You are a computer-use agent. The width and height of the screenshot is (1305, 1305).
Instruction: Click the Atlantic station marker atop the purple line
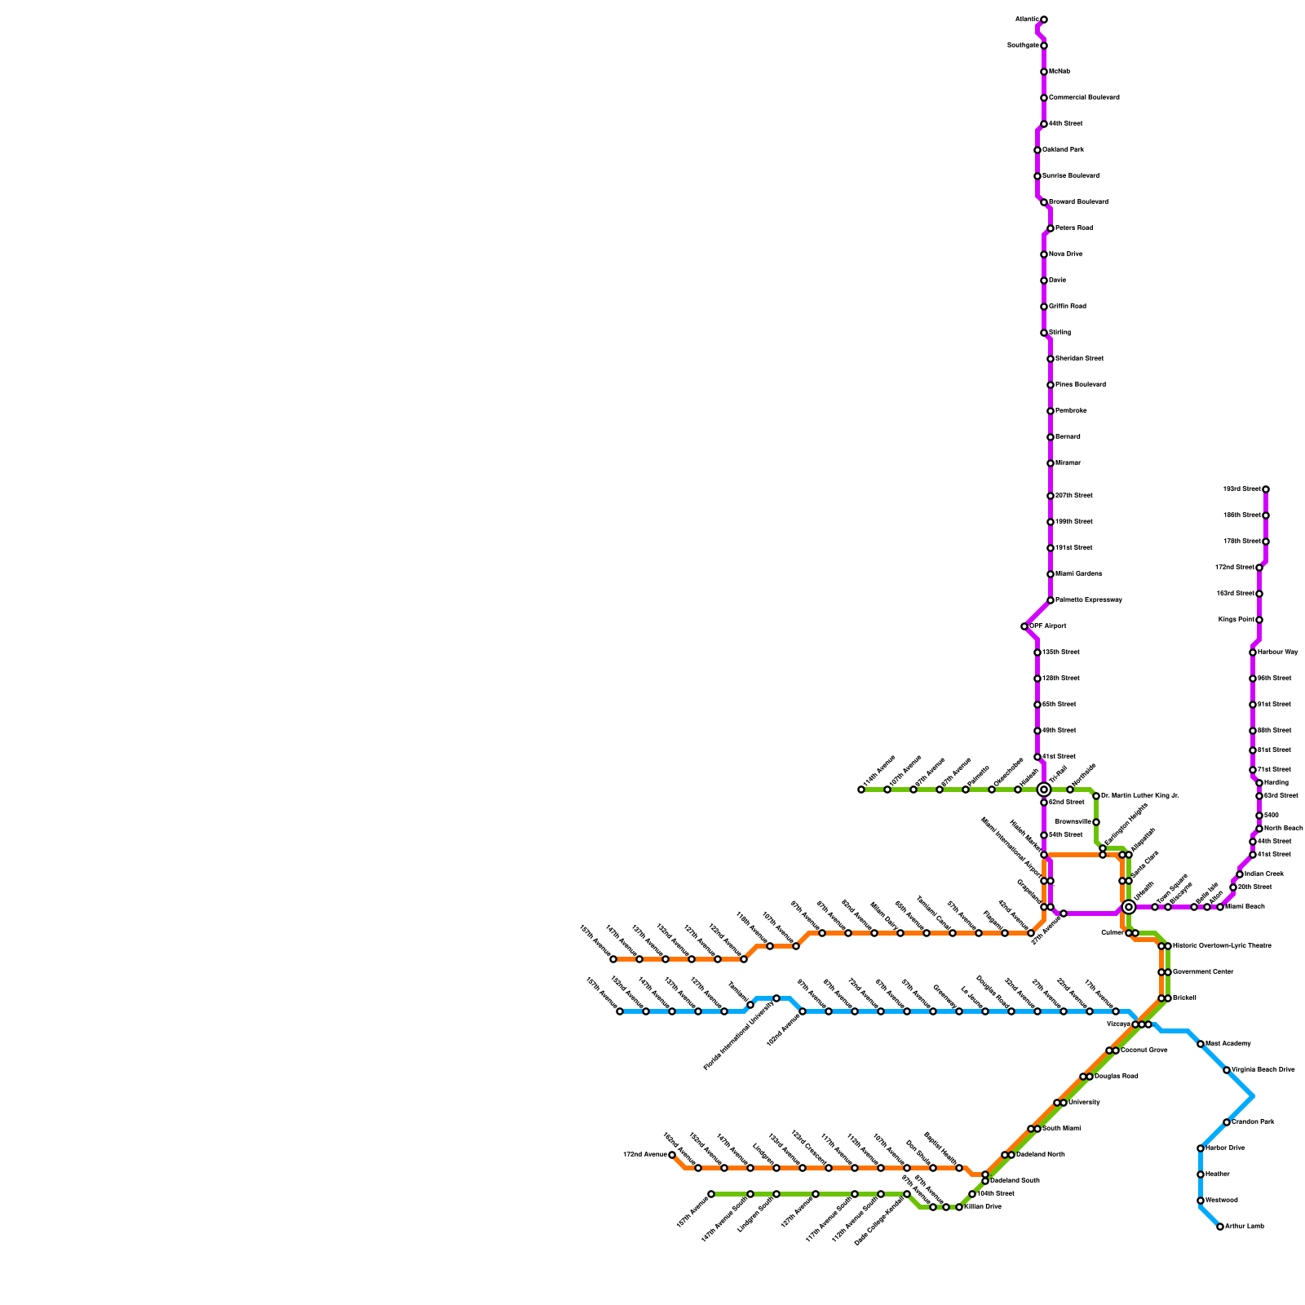tap(1043, 20)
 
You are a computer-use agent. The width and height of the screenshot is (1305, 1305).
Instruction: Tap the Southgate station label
tap(1023, 46)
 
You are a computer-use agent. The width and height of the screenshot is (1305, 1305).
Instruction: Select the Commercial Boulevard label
tap(1084, 98)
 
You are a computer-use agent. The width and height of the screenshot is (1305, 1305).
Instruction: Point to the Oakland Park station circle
tap(1037, 150)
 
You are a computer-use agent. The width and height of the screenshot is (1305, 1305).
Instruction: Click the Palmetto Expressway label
tap(1089, 600)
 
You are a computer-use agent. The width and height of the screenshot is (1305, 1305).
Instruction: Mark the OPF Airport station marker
tap(1024, 626)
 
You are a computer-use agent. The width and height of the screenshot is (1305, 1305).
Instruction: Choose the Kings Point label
tap(1236, 620)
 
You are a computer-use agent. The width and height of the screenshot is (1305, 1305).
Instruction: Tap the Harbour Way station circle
tap(1253, 652)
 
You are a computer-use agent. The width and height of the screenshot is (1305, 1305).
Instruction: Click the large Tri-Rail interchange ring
tap(1043, 790)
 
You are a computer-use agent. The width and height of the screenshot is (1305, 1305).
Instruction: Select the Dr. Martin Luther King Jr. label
tap(1139, 796)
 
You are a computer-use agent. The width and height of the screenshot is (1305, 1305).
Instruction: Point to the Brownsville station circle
tap(1096, 822)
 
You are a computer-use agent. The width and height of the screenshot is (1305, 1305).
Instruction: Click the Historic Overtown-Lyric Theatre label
tap(1222, 946)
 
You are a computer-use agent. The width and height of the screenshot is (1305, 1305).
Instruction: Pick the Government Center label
tap(1203, 972)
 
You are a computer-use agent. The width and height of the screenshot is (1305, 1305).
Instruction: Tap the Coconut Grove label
tap(1144, 1051)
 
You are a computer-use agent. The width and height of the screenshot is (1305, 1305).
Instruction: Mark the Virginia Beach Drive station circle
tap(1227, 1070)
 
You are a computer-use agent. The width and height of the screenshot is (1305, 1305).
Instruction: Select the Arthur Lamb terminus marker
tap(1220, 1227)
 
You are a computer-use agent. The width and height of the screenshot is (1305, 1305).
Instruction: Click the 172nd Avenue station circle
tap(672, 1155)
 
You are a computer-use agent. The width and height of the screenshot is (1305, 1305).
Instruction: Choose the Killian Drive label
tap(982, 1207)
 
